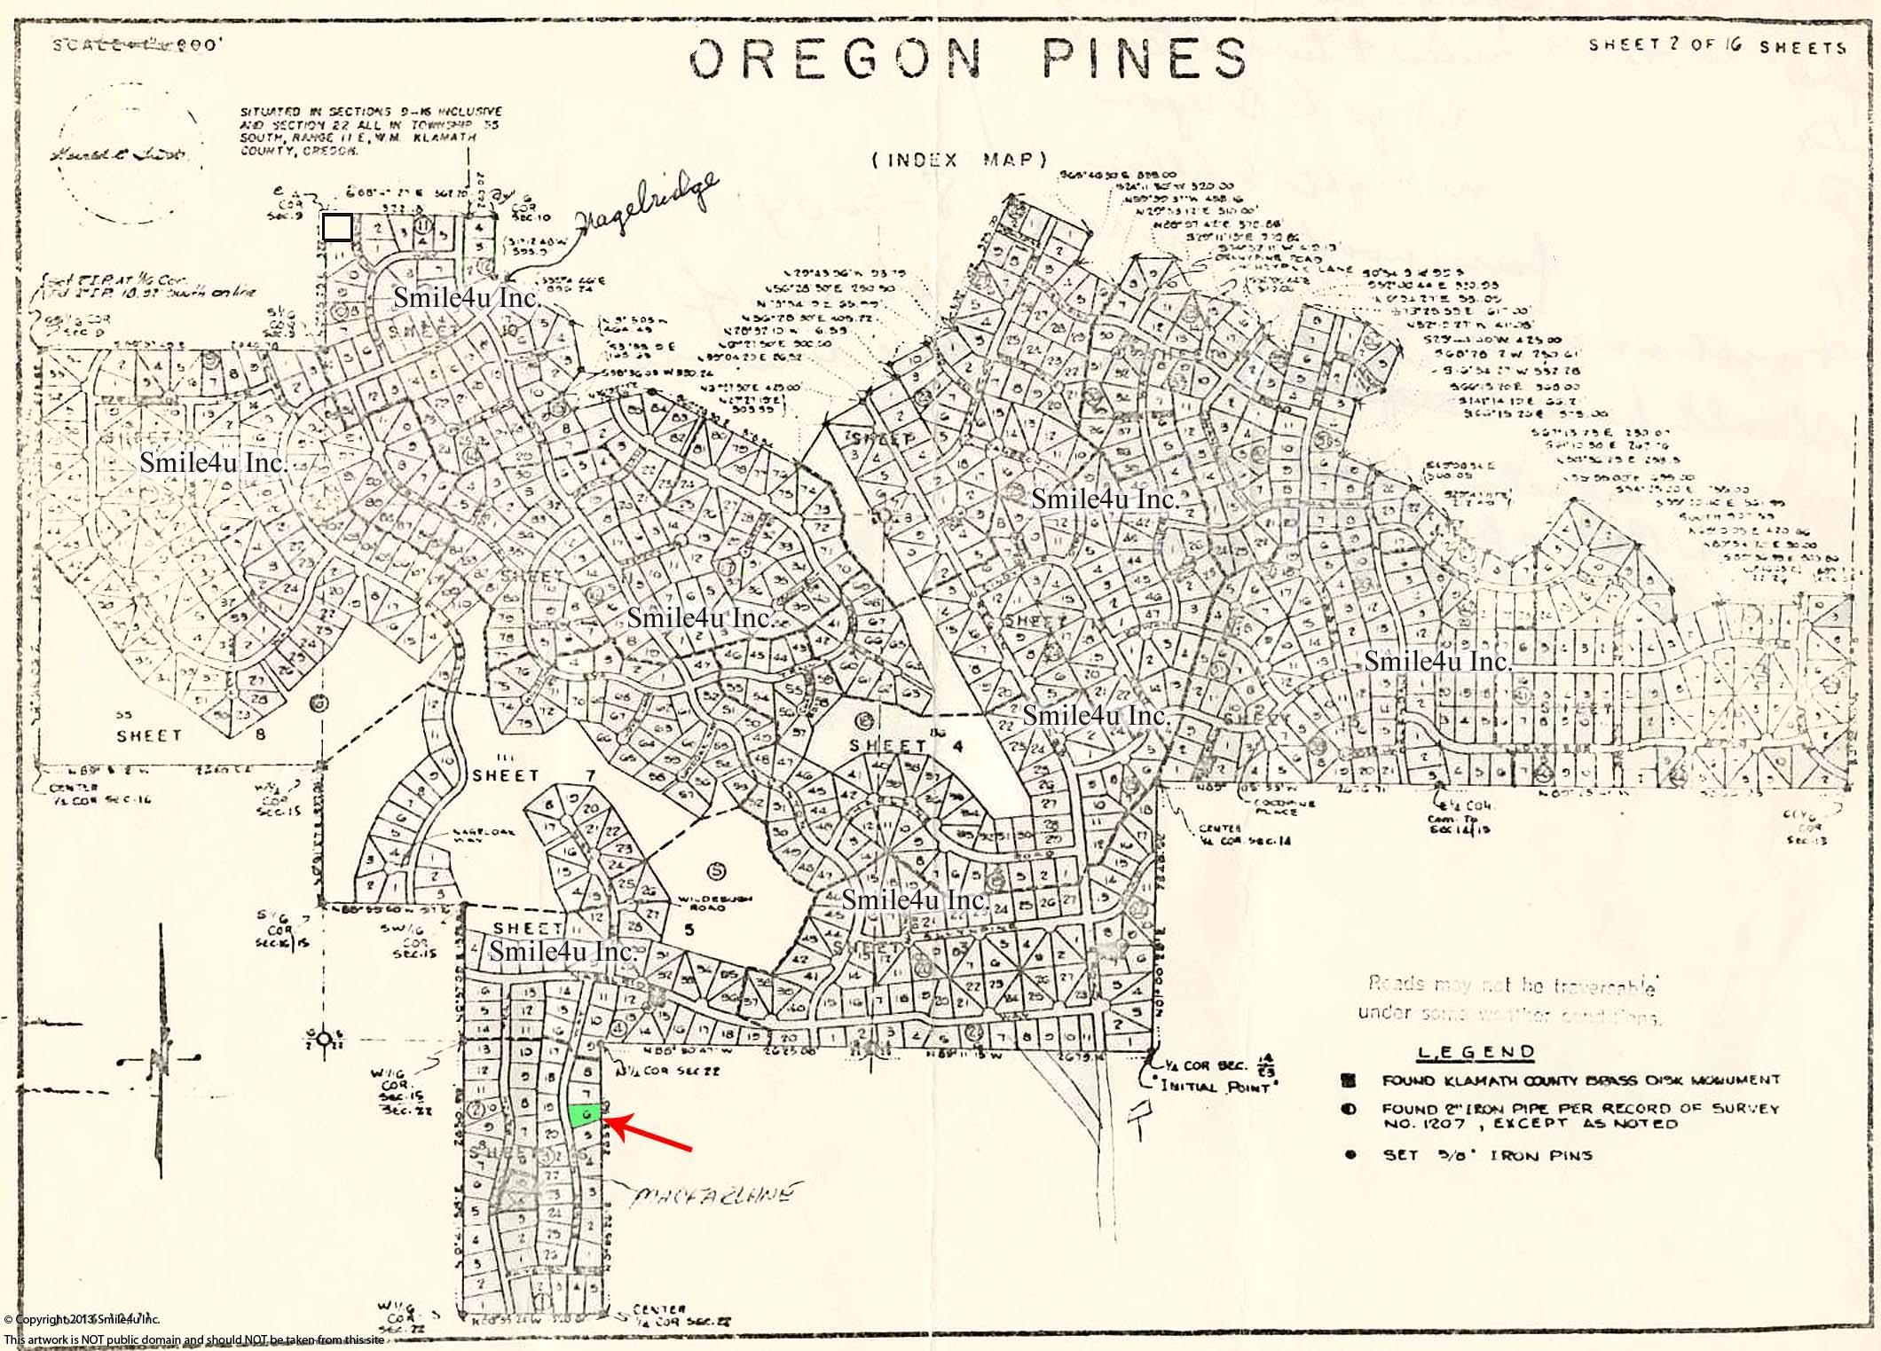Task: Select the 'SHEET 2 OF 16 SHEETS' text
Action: [x=1717, y=46]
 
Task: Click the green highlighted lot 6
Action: [x=585, y=1115]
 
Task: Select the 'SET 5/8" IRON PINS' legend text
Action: [x=1487, y=1155]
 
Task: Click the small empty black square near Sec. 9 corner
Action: [x=336, y=228]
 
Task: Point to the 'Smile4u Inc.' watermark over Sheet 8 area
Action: [x=214, y=463]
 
